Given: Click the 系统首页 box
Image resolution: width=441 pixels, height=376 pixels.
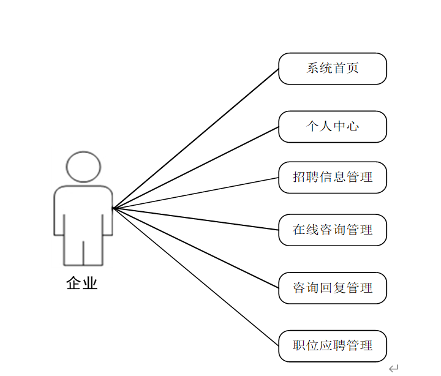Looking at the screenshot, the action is click(x=333, y=69).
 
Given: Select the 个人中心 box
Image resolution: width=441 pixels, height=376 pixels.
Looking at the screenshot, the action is click(x=333, y=127).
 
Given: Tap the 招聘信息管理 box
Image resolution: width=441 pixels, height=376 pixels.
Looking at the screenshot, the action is click(x=333, y=178).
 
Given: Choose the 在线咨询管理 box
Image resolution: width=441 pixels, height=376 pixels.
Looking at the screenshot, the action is click(x=333, y=230).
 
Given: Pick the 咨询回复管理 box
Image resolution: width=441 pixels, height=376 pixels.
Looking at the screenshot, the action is click(x=333, y=288).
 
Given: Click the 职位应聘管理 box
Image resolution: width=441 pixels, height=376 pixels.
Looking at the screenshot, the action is click(x=333, y=346).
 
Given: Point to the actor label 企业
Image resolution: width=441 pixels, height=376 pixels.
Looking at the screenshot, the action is click(x=82, y=284).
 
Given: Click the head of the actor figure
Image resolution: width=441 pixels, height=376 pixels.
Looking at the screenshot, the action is click(x=83, y=167).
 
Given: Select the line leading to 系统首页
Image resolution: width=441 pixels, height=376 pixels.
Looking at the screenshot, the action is click(x=196, y=138).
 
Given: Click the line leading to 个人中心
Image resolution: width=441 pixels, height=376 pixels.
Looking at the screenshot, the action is click(x=196, y=168).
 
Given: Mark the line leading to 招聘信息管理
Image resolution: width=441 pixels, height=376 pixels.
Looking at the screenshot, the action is click(x=196, y=193).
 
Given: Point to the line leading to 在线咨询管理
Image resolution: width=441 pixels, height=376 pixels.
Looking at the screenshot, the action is click(x=196, y=219).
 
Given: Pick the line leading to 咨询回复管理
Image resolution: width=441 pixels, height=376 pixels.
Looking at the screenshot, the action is click(x=196, y=247).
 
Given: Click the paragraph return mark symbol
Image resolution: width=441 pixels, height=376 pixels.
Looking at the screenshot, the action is click(x=393, y=368).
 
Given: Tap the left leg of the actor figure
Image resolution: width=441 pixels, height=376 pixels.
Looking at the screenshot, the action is click(x=73, y=251).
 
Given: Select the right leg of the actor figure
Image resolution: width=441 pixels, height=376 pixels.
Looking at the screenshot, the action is click(x=93, y=251).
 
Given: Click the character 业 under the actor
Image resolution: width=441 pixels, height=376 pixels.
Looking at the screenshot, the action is click(x=90, y=284).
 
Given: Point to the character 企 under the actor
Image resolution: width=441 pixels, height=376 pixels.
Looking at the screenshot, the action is click(x=74, y=284).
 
